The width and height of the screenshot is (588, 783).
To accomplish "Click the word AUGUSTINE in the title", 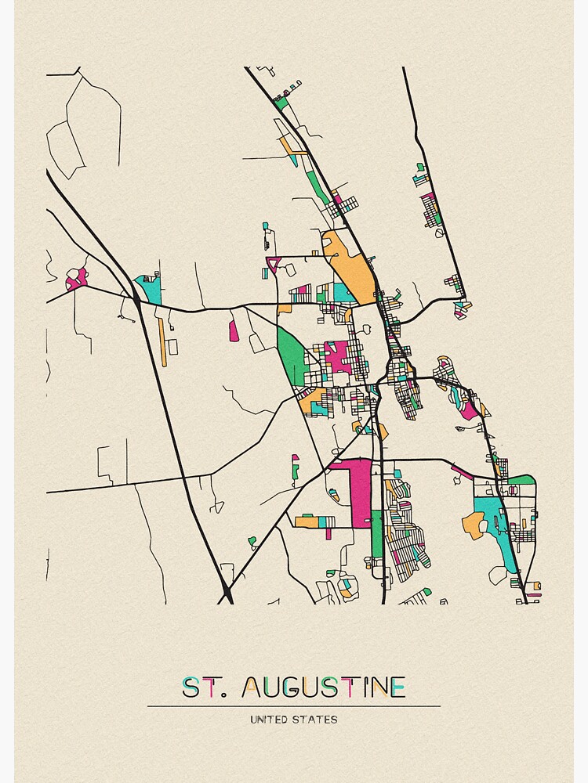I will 324,687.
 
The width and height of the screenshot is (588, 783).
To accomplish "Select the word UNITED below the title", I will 270,719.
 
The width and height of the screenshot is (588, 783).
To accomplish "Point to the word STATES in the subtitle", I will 318,719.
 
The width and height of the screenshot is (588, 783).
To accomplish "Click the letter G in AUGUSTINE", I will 297,687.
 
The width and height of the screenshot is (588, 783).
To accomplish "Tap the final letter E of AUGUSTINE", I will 397,687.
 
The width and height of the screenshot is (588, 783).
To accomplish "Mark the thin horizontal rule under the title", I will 294,705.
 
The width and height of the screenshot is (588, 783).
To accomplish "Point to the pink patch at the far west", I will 76,278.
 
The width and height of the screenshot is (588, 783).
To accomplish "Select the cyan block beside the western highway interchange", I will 149,289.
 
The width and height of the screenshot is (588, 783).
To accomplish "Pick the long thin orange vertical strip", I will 162,341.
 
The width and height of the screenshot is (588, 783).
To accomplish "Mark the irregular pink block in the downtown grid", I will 339,356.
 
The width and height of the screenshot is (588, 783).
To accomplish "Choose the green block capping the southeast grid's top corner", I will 521,479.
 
